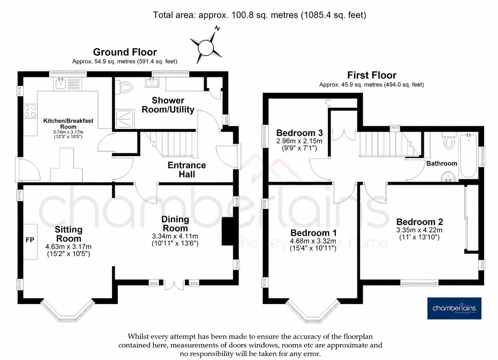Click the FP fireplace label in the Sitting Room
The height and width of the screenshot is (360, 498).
coord(30,240)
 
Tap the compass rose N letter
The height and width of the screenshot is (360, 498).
coord(217,28)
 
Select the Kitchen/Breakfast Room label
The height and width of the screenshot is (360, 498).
coord(68,123)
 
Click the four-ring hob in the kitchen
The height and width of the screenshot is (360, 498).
coord(30,111)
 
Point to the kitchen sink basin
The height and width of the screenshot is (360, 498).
coord(60,84)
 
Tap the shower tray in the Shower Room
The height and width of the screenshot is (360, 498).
coord(125,118)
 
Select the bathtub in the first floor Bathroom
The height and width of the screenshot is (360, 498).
coord(468,155)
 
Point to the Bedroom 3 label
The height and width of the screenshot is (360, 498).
coord(299,133)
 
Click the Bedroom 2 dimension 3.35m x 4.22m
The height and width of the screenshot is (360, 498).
coord(419,230)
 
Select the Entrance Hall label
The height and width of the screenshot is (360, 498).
coord(187,170)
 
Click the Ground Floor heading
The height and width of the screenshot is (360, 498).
coord(125,52)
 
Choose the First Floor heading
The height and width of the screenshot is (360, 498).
coord(372,75)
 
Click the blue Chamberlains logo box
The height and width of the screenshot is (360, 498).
coord(454,308)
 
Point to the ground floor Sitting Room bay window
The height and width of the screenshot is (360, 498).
coord(68,310)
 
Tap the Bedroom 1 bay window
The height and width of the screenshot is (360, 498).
coord(313,311)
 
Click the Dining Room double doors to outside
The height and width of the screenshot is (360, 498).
coord(174,285)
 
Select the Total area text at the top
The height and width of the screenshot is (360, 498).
coord(259,15)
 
